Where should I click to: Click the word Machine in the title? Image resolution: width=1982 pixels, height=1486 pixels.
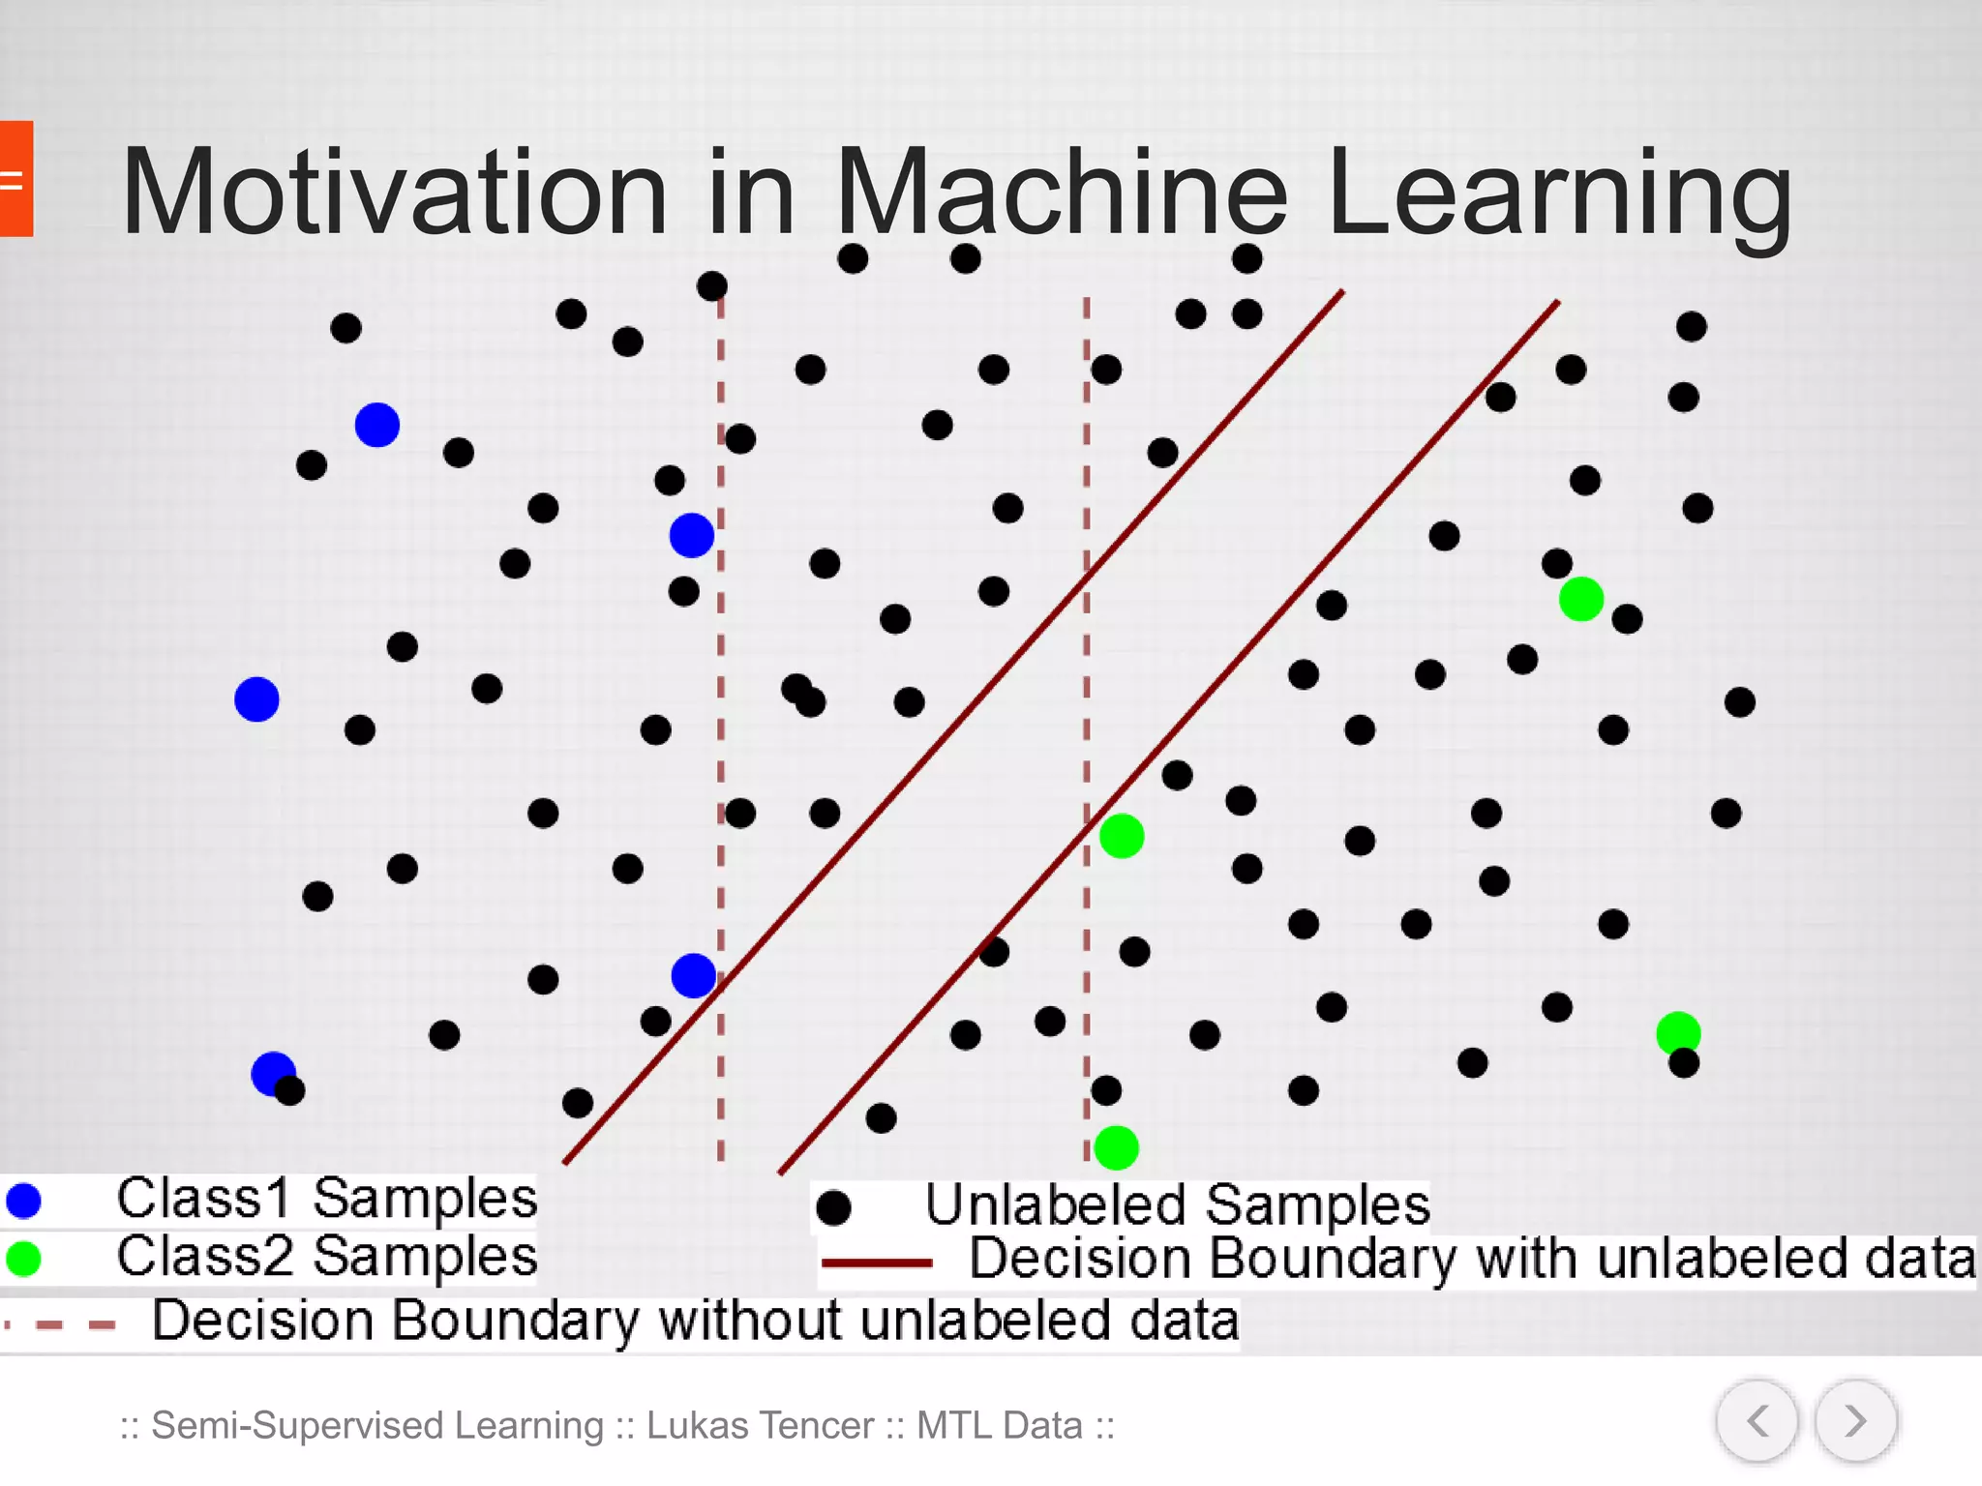click(1061, 192)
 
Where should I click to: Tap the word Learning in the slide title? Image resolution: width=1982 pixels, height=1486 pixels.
click(1560, 192)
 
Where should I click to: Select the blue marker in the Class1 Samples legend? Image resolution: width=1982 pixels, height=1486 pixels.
click(23, 1201)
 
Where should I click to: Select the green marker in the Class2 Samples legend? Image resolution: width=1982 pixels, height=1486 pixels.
click(23, 1258)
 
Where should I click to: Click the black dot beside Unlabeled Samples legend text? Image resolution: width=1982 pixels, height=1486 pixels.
click(833, 1207)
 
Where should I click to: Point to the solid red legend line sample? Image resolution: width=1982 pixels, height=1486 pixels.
click(877, 1263)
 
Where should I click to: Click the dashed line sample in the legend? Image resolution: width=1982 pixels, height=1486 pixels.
click(63, 1324)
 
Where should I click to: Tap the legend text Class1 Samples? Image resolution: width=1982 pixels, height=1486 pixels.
click(326, 1199)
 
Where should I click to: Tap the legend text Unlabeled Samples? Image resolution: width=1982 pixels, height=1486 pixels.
click(1177, 1205)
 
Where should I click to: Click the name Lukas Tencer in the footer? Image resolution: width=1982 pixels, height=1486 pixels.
click(761, 1425)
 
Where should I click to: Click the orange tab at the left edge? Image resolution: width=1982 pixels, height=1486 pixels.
click(15, 179)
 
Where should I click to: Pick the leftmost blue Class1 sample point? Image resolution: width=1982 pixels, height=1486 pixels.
click(256, 699)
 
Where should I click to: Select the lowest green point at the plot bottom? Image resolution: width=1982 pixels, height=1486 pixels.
click(1116, 1148)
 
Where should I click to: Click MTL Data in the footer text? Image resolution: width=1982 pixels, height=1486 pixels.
click(999, 1425)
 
